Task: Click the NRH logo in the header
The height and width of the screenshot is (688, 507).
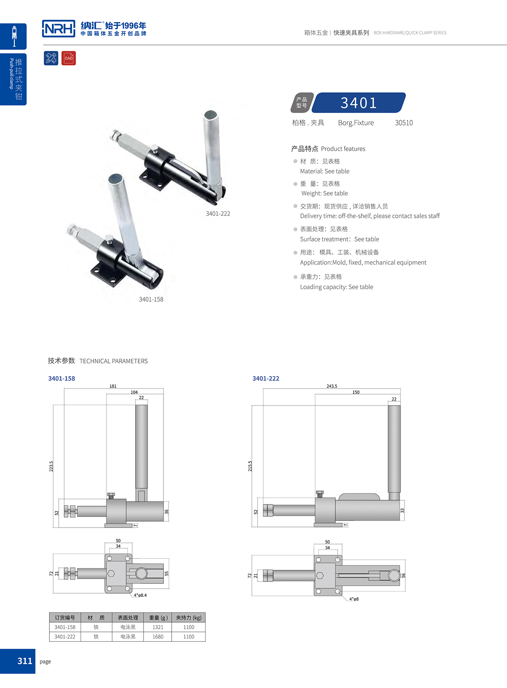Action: coord(58,29)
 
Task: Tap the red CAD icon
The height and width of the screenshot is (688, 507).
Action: coord(69,58)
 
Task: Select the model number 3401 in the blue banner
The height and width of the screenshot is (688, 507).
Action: coord(359,103)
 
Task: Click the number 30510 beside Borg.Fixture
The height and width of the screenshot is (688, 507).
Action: coord(404,123)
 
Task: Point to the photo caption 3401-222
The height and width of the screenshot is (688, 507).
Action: coord(218,213)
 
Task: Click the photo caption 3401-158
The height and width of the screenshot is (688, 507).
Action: coord(151,299)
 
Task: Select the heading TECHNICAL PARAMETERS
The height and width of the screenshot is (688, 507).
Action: coord(114,361)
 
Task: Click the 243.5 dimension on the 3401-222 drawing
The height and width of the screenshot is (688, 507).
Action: coord(332,386)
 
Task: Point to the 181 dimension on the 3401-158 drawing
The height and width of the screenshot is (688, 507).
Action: coord(113,386)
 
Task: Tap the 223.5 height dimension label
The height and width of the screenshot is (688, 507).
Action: coord(52,466)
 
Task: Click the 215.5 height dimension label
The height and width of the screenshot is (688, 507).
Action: coord(250,466)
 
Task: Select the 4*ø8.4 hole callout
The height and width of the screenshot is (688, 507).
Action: coord(140,595)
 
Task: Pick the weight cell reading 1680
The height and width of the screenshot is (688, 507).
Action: coord(158,636)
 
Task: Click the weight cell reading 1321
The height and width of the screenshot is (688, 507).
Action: coord(158,627)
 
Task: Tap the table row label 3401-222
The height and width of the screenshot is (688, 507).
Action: coord(65,636)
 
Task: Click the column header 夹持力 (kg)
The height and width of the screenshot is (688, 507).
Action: coord(188,618)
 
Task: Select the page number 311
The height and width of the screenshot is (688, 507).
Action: coord(25,661)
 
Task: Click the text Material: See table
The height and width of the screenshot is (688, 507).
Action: coord(325,171)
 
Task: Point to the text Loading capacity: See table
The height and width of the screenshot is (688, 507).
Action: coord(337,287)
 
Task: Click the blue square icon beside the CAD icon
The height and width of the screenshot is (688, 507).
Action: coord(51,58)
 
